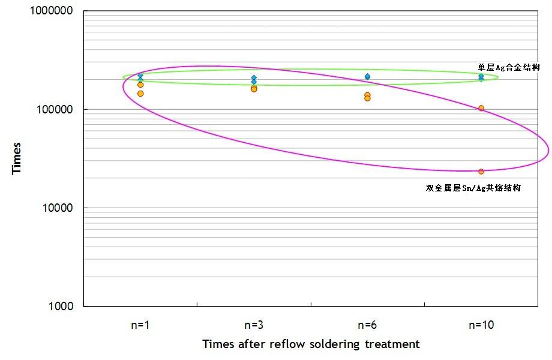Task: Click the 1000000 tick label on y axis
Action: click(x=49, y=11)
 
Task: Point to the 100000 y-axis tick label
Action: click(x=52, y=110)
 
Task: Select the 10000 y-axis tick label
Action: click(x=55, y=208)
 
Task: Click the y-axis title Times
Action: click(x=17, y=158)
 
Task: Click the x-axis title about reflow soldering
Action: click(x=311, y=344)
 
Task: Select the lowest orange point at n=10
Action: click(x=481, y=172)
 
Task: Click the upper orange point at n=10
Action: click(x=481, y=109)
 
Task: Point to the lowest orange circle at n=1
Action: click(x=140, y=94)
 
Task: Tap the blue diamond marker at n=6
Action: click(x=367, y=77)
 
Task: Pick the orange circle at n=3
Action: click(x=254, y=89)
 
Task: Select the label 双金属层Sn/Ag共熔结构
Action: click(x=473, y=188)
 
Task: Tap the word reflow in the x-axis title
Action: click(x=289, y=344)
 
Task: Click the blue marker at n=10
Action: click(x=481, y=77)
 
